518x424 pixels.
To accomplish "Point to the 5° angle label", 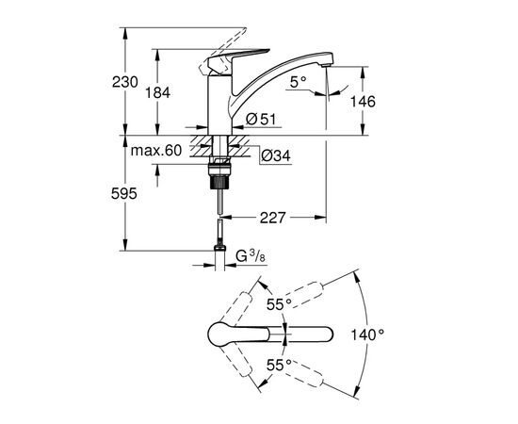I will click(x=299, y=82).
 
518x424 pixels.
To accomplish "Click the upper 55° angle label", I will click(x=276, y=305).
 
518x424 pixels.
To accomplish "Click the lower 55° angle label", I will click(x=276, y=364).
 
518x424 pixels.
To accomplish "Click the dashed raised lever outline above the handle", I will click(x=226, y=33).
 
